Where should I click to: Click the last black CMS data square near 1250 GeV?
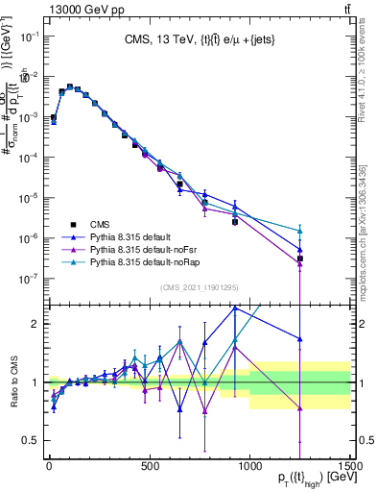pos(300,258)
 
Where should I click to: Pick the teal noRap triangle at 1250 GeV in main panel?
pos(300,231)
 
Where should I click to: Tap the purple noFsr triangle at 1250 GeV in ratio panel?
pos(300,407)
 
